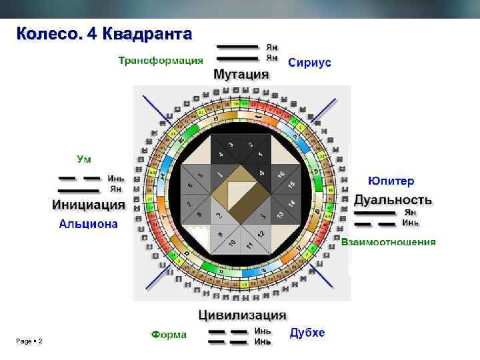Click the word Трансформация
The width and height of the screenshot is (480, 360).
pos(161,61)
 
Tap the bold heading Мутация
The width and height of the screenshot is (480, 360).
pos(241,74)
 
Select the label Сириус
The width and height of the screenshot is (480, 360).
pos(309,62)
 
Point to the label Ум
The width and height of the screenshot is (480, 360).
pos(85,159)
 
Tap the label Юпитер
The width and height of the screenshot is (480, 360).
pos(391,181)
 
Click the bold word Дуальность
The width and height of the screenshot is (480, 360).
pos(393,199)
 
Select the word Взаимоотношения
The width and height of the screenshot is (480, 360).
pos(389,241)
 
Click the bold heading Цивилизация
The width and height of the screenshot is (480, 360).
pos(243,315)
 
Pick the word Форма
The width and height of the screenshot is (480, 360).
pos(169,334)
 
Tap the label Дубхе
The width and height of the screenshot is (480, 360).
pos(307,333)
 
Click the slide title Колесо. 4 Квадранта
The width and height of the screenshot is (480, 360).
pos(105,33)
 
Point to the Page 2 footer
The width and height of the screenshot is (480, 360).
pos(29,341)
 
